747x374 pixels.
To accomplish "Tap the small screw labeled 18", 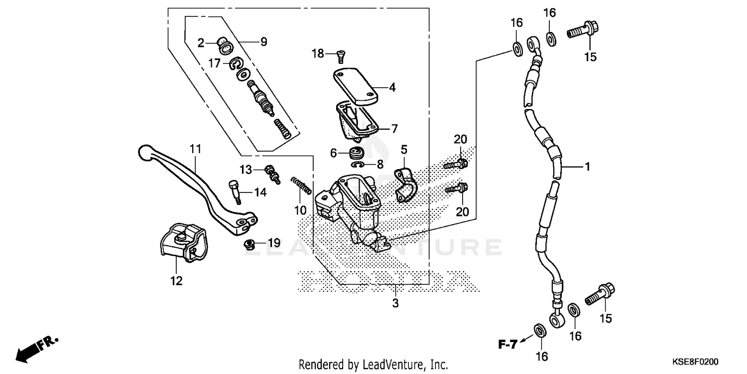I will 341,55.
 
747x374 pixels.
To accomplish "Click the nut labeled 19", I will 251,244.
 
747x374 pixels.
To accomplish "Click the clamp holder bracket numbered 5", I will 404,185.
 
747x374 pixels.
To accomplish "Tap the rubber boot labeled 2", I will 223,45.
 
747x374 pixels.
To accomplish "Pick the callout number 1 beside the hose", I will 587,167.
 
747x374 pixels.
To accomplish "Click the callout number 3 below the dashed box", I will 395,303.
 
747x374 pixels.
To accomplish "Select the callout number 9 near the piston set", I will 263,42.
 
